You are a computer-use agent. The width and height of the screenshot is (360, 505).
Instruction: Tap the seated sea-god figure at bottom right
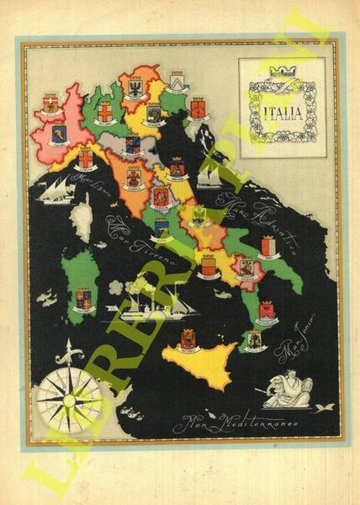point(289,390)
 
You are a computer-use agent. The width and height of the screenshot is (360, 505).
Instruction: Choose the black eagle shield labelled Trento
point(134,88)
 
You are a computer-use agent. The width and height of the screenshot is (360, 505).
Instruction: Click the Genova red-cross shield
point(86,157)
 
